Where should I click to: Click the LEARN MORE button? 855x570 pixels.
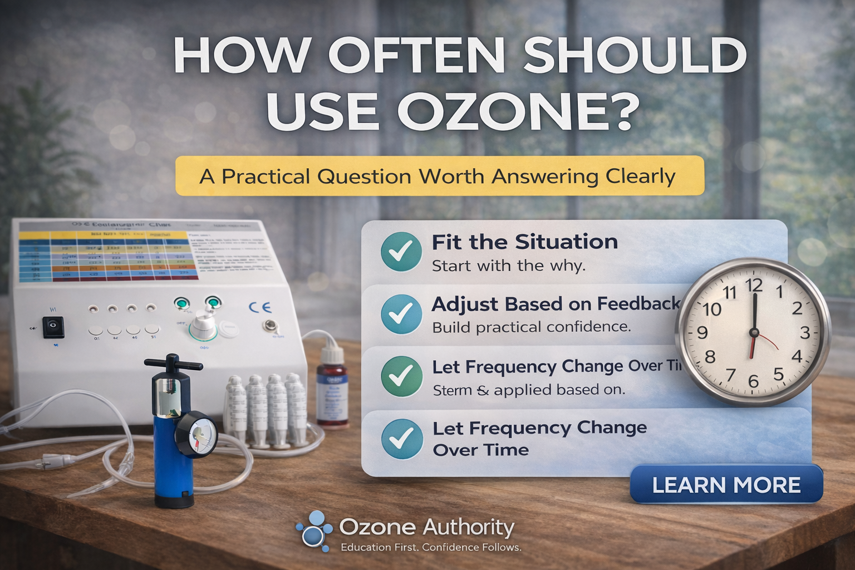(x=726, y=484)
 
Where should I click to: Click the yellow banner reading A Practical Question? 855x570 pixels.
(x=439, y=176)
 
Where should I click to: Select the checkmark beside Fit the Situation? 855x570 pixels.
(x=401, y=252)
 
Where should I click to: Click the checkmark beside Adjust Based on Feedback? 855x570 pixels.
(x=401, y=314)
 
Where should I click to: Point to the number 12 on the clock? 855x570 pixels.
(x=754, y=286)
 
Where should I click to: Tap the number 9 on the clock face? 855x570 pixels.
(x=702, y=333)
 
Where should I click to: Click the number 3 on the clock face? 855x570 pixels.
(x=805, y=333)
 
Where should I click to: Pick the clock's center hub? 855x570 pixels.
(x=754, y=333)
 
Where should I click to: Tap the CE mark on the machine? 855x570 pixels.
(x=260, y=307)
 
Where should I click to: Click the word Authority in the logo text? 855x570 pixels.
(x=468, y=527)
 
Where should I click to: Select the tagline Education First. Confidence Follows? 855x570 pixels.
(x=431, y=547)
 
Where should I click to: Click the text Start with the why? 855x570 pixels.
(x=508, y=266)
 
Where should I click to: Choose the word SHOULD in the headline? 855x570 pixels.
(x=635, y=56)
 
